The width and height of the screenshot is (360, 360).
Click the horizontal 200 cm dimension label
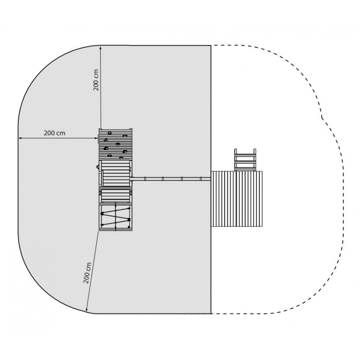pos(54,133)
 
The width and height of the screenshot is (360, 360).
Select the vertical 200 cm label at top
pos(96,80)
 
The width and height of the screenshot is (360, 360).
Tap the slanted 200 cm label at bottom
pos(87,273)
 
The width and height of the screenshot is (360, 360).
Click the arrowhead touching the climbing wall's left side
pos(96,138)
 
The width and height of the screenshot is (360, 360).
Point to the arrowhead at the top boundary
pos(101,48)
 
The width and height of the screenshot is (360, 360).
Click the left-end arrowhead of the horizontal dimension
pos(20,138)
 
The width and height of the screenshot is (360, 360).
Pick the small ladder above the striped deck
pos(245,160)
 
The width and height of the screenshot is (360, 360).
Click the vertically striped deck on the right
pos(237,199)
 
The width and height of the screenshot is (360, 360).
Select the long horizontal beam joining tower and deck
pos(171,179)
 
